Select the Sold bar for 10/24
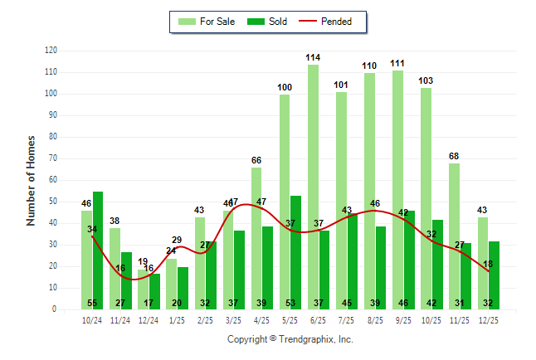click(98, 250)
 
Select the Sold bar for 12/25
click(494, 275)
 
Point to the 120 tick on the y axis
click(51, 51)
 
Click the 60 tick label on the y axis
click(52, 180)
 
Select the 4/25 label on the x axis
click(262, 319)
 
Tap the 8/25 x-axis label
click(375, 319)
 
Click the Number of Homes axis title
click(31, 180)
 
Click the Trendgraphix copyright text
click(290, 339)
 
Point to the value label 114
click(313, 57)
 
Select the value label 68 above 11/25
click(454, 157)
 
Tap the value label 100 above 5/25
click(285, 87)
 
